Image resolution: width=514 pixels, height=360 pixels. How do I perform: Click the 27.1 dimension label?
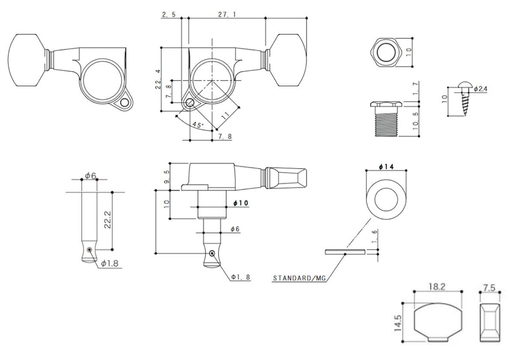click(x=227, y=15)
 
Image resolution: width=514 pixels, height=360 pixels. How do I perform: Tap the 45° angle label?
click(x=197, y=125)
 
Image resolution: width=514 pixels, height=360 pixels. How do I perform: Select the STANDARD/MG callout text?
click(x=299, y=278)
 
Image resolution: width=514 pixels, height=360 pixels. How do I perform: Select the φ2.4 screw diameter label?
click(x=481, y=89)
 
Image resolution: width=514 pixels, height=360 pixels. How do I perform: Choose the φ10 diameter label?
click(x=241, y=203)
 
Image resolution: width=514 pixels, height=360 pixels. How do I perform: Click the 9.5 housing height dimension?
click(x=166, y=176)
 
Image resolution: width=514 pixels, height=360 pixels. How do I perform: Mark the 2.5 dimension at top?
click(x=168, y=15)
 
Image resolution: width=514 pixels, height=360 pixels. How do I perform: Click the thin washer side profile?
click(x=345, y=252)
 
